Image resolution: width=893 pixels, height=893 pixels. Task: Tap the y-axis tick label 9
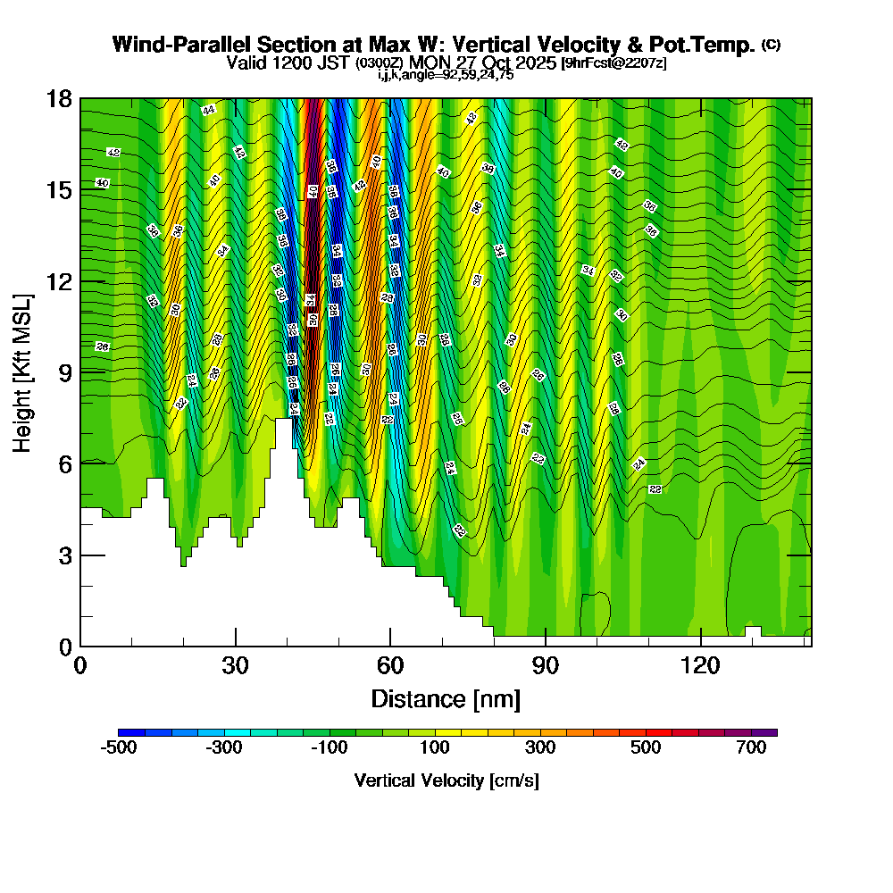click(64, 372)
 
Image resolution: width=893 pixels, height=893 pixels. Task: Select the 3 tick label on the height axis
click(64, 555)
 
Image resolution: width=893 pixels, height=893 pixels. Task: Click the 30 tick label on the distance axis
click(235, 665)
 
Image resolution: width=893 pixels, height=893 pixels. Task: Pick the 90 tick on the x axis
click(545, 665)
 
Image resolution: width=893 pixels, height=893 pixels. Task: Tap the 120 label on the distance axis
click(701, 665)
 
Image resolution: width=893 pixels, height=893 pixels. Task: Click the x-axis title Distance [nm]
click(446, 697)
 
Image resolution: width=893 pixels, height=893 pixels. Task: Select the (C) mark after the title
click(771, 45)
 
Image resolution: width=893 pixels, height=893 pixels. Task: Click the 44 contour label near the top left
click(209, 110)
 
